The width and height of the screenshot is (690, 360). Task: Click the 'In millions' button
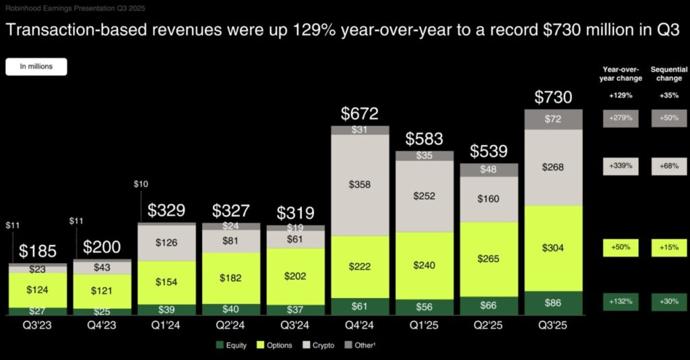click(36, 66)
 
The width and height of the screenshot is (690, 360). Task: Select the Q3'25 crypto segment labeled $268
click(554, 167)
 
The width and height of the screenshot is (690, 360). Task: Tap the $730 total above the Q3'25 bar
click(554, 97)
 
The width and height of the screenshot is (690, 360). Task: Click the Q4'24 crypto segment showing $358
click(360, 185)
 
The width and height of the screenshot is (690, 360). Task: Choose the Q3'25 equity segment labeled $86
click(554, 304)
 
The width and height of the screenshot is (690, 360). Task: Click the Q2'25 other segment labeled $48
click(489, 170)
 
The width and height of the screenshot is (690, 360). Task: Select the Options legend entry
click(274, 346)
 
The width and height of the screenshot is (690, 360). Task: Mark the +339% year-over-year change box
click(621, 166)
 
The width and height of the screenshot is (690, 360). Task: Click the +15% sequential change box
click(669, 248)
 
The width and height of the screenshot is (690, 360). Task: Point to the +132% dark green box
click(621, 301)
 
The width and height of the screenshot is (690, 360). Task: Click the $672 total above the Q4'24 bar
click(360, 113)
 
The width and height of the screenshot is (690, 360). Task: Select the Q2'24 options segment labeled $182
click(231, 278)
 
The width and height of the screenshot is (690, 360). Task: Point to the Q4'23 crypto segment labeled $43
click(102, 268)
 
